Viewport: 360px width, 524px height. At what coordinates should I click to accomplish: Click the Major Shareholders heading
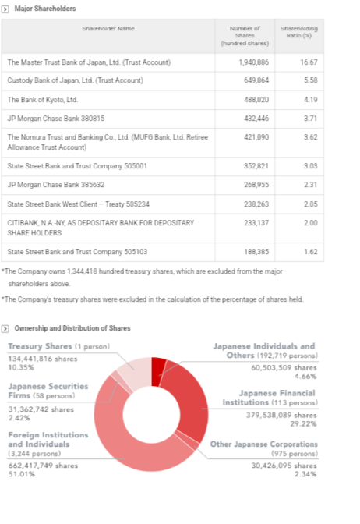tap(45, 9)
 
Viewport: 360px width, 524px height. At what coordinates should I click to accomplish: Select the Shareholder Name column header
tap(108, 29)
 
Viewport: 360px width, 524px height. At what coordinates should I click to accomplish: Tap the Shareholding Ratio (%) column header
tap(299, 32)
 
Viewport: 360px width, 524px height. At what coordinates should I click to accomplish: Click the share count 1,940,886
tap(253, 62)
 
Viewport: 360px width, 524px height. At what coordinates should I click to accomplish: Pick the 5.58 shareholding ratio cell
tap(311, 80)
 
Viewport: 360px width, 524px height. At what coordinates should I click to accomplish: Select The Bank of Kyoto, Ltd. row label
tap(43, 100)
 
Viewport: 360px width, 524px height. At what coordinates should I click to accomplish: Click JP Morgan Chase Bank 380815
tap(56, 119)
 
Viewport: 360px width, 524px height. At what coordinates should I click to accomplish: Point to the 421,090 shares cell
tap(256, 137)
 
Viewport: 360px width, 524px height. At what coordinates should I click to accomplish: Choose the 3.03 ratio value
tap(311, 166)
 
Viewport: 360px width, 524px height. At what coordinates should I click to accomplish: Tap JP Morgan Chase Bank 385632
tap(56, 185)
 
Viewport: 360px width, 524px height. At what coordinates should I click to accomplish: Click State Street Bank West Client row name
tap(78, 204)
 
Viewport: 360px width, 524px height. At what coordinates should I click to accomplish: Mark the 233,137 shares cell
tap(256, 222)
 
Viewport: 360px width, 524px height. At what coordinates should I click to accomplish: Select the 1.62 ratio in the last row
tap(311, 252)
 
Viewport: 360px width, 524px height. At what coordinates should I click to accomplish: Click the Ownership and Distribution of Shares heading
tap(72, 328)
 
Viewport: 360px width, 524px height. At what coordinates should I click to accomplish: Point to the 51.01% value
tap(21, 474)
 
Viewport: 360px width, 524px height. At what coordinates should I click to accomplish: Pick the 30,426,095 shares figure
tap(284, 466)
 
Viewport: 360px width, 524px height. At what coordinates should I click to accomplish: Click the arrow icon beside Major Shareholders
tap(5, 9)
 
